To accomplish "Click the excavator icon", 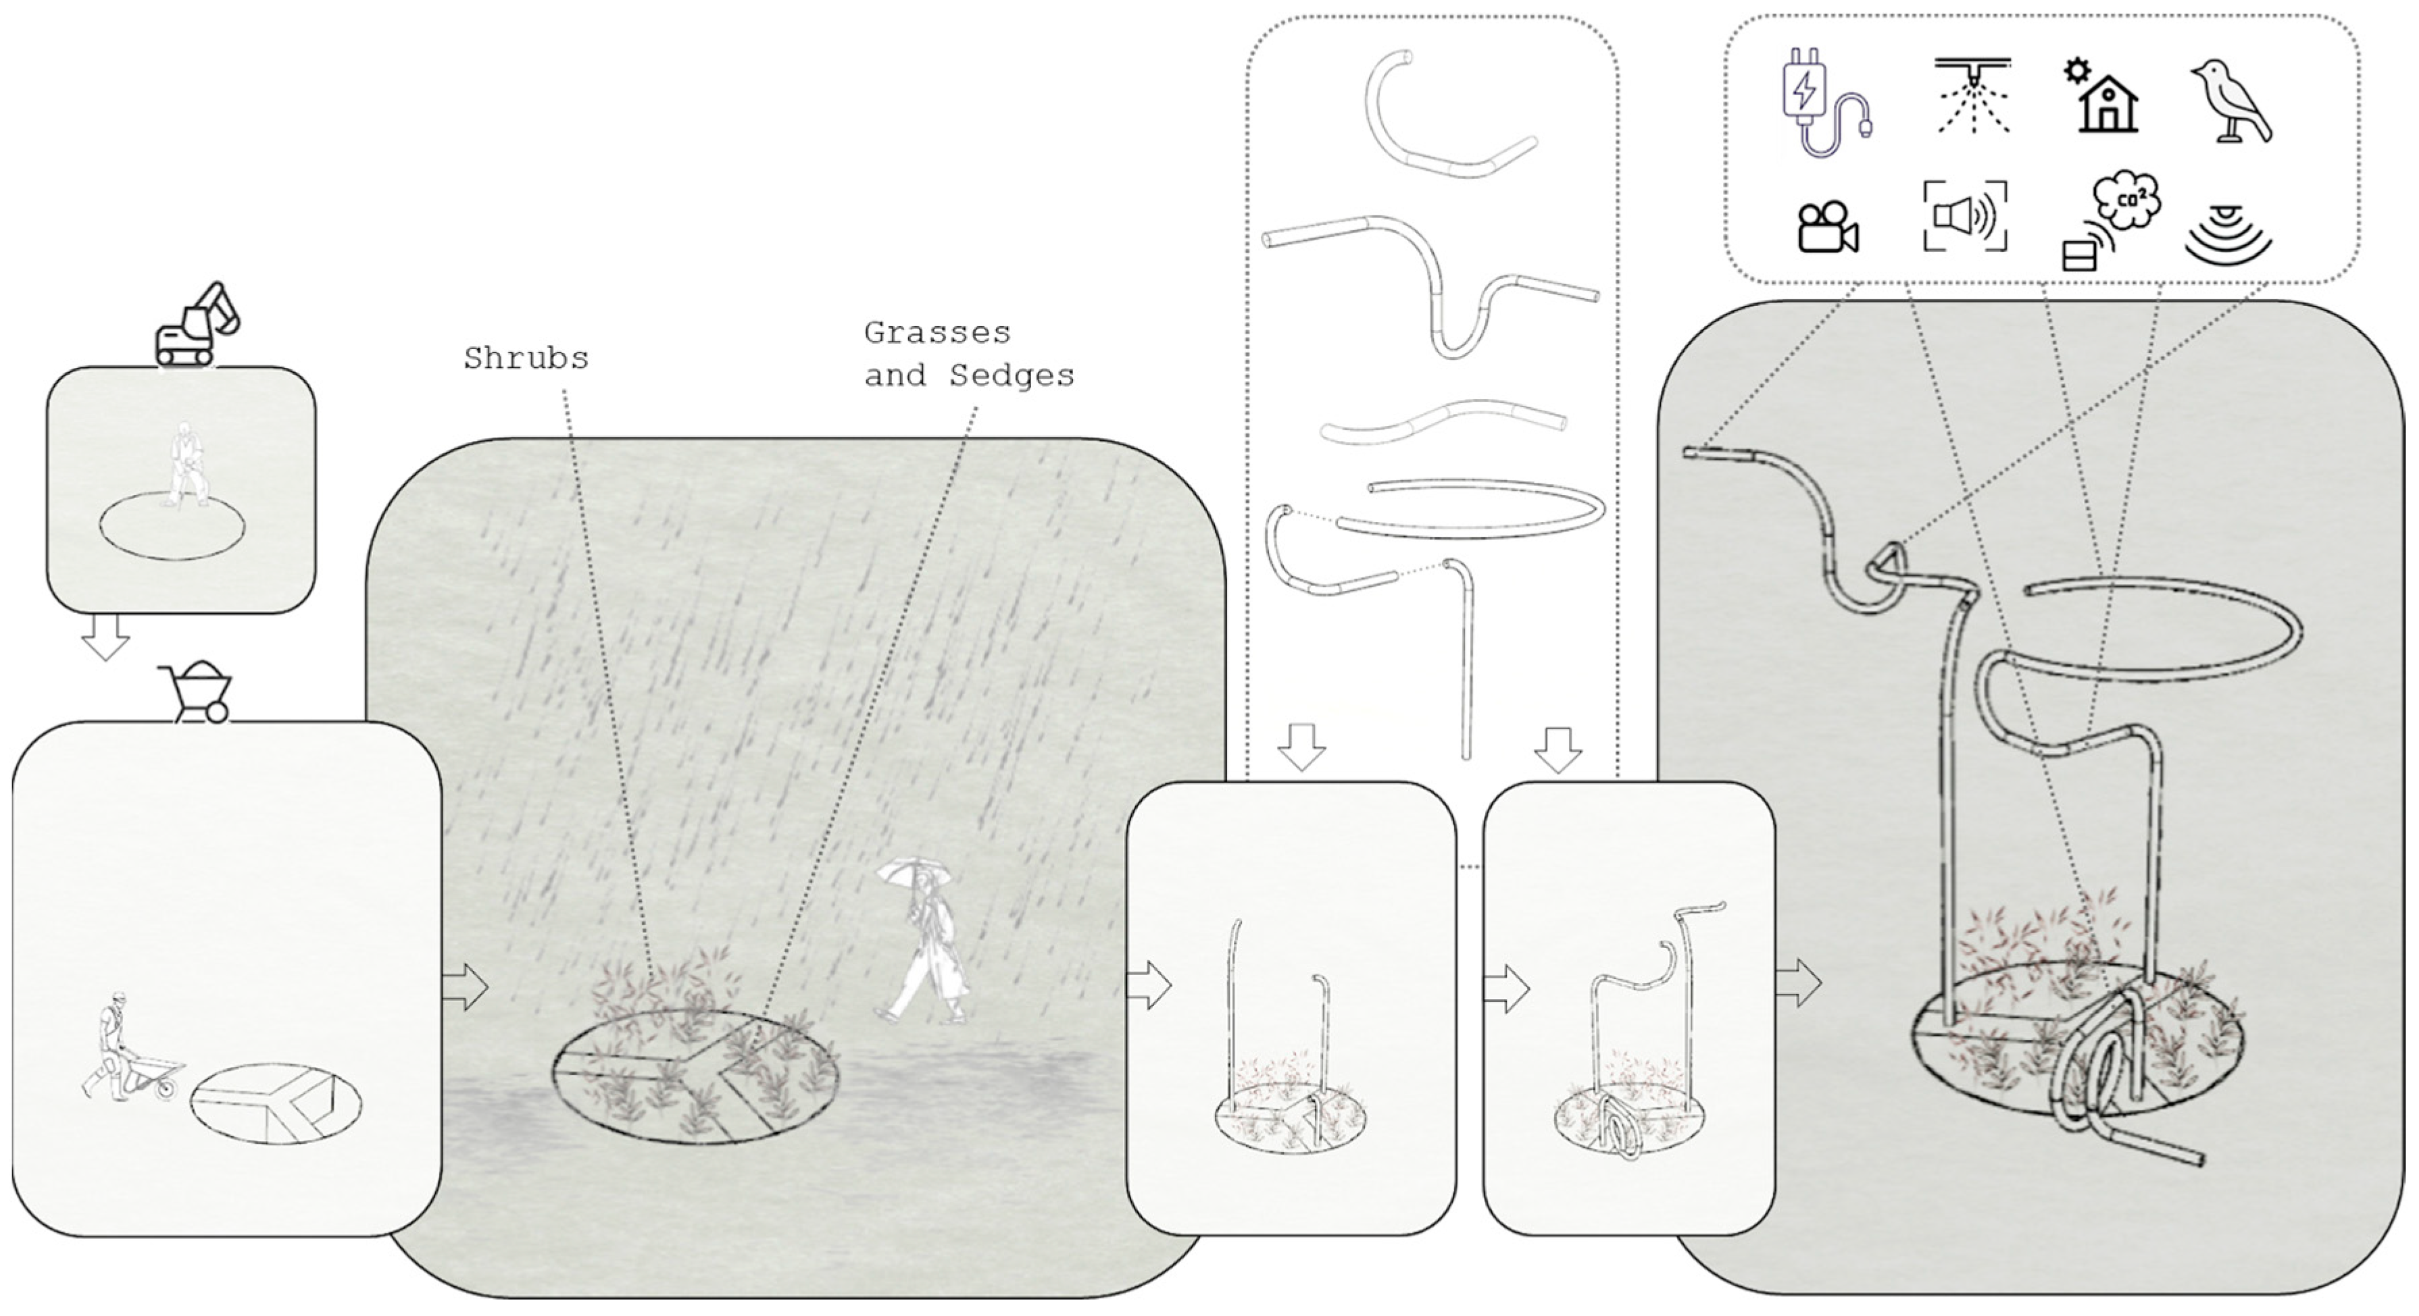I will tap(197, 324).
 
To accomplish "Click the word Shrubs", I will tap(526, 358).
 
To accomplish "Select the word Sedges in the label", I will tap(1012, 375).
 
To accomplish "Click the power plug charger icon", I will tap(1824, 103).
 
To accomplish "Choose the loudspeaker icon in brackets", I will tap(1966, 217).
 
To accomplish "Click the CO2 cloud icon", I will tap(2126, 201).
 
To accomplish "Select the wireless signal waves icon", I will tap(2227, 235).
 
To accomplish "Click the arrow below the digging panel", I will tap(105, 637).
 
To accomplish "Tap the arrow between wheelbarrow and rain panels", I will tap(465, 986).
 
